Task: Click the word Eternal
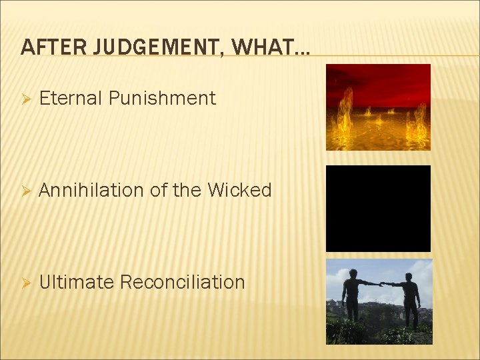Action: pyautogui.click(x=71, y=99)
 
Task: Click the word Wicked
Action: pyautogui.click(x=239, y=191)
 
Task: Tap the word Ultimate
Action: pyautogui.click(x=77, y=282)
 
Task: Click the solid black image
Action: pyautogui.click(x=378, y=208)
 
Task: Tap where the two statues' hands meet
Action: pyautogui.click(x=382, y=283)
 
